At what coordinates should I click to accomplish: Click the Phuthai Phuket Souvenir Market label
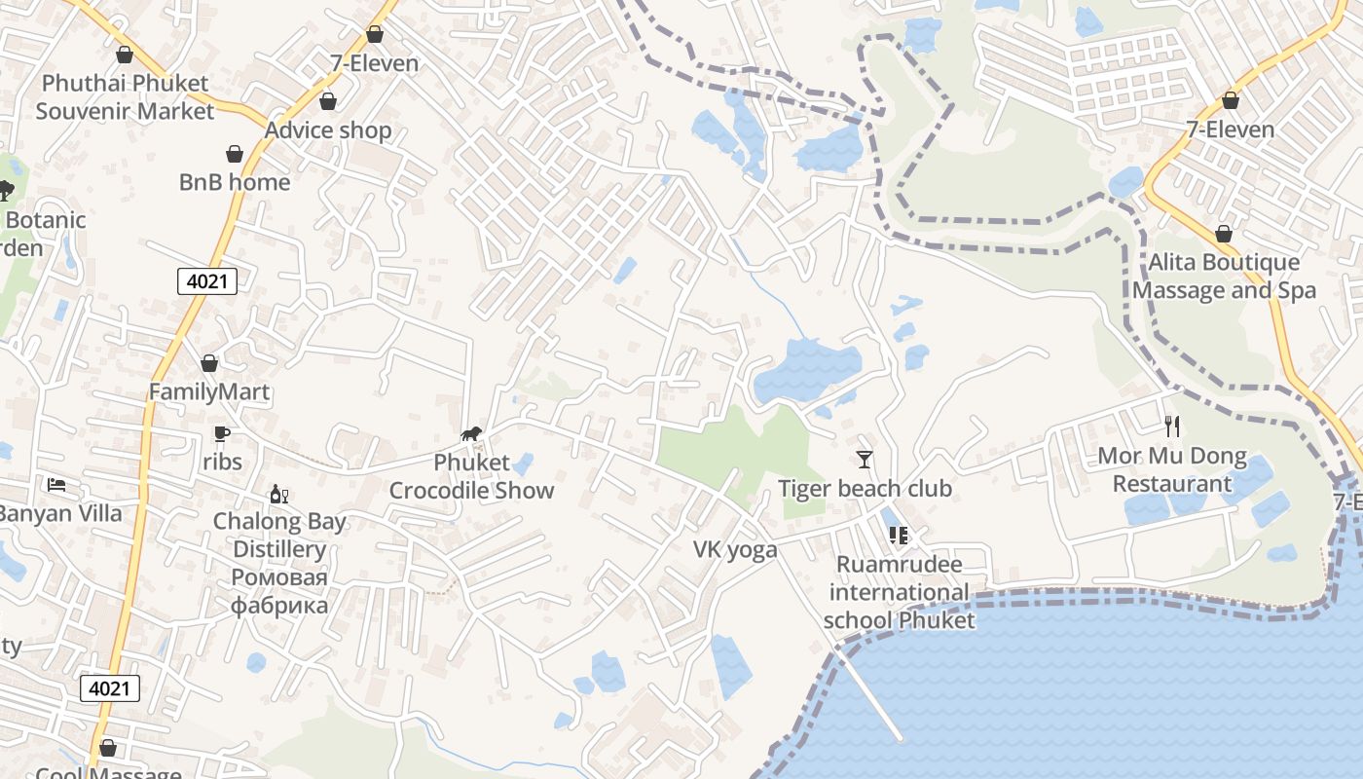125,96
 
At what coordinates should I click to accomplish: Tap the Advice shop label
328,130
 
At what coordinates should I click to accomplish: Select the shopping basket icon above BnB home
235,154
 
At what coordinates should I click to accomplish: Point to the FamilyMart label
209,392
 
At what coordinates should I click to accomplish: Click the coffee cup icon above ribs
222,434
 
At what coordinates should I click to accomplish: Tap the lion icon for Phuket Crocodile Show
471,434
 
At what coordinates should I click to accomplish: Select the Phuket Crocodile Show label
471,476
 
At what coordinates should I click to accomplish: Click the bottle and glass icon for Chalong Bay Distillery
279,495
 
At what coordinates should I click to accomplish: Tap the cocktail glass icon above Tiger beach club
864,460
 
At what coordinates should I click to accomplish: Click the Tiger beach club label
864,488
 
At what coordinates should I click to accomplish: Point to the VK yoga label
735,550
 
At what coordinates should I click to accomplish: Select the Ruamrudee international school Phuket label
899,592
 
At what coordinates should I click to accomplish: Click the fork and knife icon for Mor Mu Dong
1172,427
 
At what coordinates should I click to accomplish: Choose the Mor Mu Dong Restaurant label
1172,469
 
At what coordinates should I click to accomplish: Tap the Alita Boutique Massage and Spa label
1224,276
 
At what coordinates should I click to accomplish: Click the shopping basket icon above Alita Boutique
1224,235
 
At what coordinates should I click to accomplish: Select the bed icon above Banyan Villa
56,484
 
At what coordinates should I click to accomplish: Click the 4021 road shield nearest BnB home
207,282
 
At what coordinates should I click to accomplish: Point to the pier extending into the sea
871,696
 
